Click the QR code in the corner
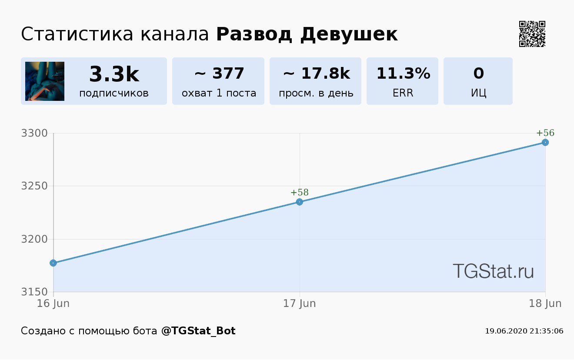tap(532, 34)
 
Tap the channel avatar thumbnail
tap(45, 81)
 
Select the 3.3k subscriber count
tap(114, 74)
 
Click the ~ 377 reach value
tap(219, 73)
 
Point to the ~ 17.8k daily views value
tap(316, 73)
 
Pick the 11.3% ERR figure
tap(403, 73)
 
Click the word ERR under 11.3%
tap(403, 93)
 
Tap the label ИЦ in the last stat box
tap(478, 93)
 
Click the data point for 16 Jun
tap(53, 263)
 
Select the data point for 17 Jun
tap(300, 202)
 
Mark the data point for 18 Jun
tap(545, 143)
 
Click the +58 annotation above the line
tap(300, 193)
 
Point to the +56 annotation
tap(545, 133)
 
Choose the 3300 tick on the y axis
tap(34, 133)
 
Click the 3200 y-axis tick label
tap(34, 239)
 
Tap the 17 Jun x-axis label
tap(300, 303)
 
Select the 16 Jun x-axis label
tap(53, 303)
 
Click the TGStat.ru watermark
tap(493, 271)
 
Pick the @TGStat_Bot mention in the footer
tap(198, 331)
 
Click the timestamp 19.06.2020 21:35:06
tap(524, 331)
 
